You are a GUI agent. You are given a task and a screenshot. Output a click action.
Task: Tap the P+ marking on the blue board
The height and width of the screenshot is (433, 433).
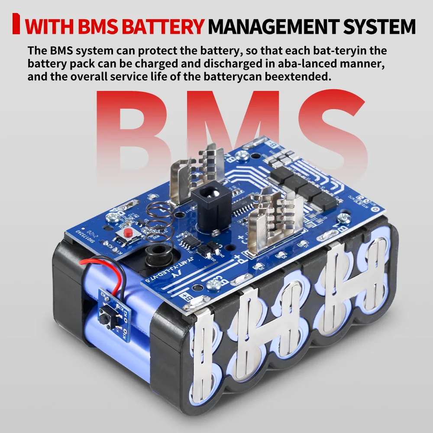coord(237,261)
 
